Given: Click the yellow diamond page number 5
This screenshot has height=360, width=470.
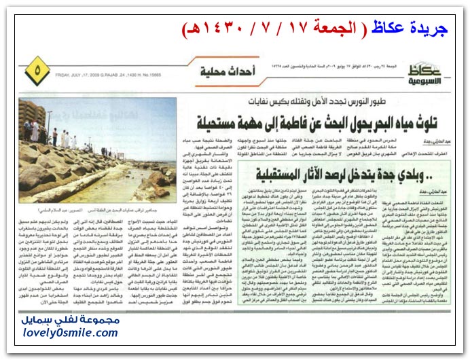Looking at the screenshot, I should (x=37, y=69).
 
